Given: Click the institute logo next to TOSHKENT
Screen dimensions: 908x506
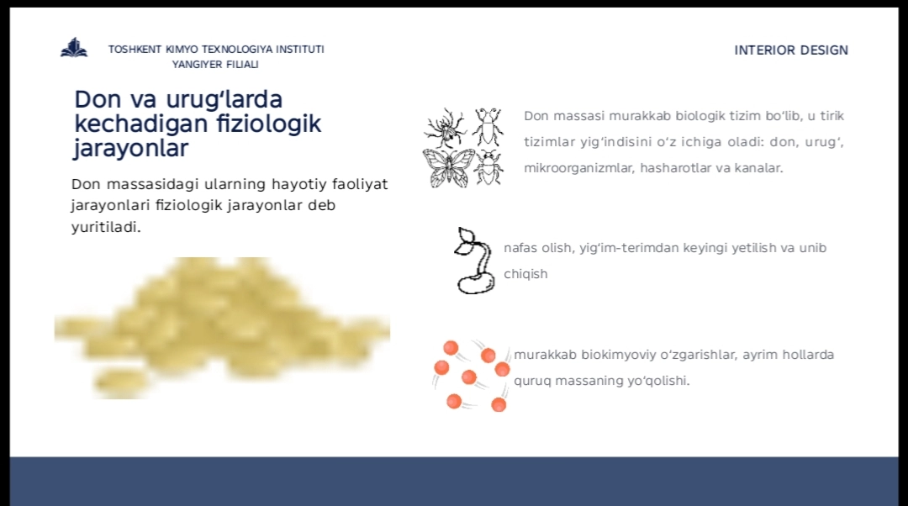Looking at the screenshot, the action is point(74,48).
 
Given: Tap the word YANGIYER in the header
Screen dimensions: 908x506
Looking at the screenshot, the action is point(194,64).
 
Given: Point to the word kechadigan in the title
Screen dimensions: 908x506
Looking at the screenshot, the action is point(140,124).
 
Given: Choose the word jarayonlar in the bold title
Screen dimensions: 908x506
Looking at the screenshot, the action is point(131,148).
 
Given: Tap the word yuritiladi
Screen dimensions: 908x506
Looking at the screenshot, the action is point(106,227).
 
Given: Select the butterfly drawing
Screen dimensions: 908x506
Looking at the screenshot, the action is point(448,168).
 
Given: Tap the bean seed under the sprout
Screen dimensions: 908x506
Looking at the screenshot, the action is point(476,283).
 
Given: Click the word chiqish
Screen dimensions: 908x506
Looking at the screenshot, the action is point(525,274).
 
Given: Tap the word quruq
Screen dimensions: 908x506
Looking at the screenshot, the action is point(532,382).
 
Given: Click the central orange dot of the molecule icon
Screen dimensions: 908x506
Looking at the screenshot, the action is point(469,377).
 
